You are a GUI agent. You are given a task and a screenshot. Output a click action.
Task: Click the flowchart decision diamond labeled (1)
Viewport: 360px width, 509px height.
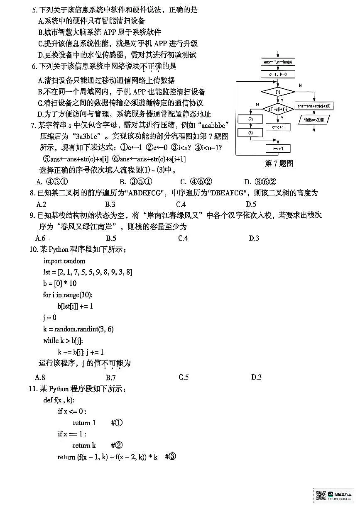click(278, 91)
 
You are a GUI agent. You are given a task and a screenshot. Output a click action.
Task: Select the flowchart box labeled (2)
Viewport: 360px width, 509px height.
click(250, 119)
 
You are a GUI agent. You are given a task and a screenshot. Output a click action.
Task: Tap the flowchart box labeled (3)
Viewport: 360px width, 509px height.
click(250, 133)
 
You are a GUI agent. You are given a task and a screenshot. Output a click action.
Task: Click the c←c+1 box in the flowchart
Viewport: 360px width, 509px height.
click(278, 127)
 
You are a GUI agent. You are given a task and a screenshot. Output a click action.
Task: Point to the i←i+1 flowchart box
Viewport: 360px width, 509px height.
click(278, 149)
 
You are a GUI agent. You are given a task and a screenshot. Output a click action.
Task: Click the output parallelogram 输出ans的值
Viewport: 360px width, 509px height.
click(313, 120)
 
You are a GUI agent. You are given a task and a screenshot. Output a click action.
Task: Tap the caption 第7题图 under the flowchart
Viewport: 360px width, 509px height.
click(279, 163)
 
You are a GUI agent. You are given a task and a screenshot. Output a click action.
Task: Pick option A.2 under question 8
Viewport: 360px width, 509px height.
click(41, 204)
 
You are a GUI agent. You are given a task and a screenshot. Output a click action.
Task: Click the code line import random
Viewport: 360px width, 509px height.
click(64, 261)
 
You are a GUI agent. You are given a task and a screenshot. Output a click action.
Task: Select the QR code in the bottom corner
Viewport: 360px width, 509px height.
click(321, 495)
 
